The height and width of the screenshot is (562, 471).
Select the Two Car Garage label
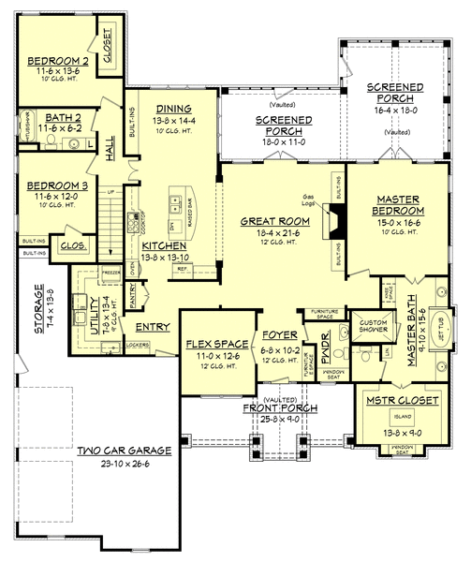[x=124, y=451]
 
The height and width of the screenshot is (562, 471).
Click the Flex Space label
[x=209, y=345]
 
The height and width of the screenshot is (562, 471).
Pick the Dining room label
[x=174, y=109]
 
